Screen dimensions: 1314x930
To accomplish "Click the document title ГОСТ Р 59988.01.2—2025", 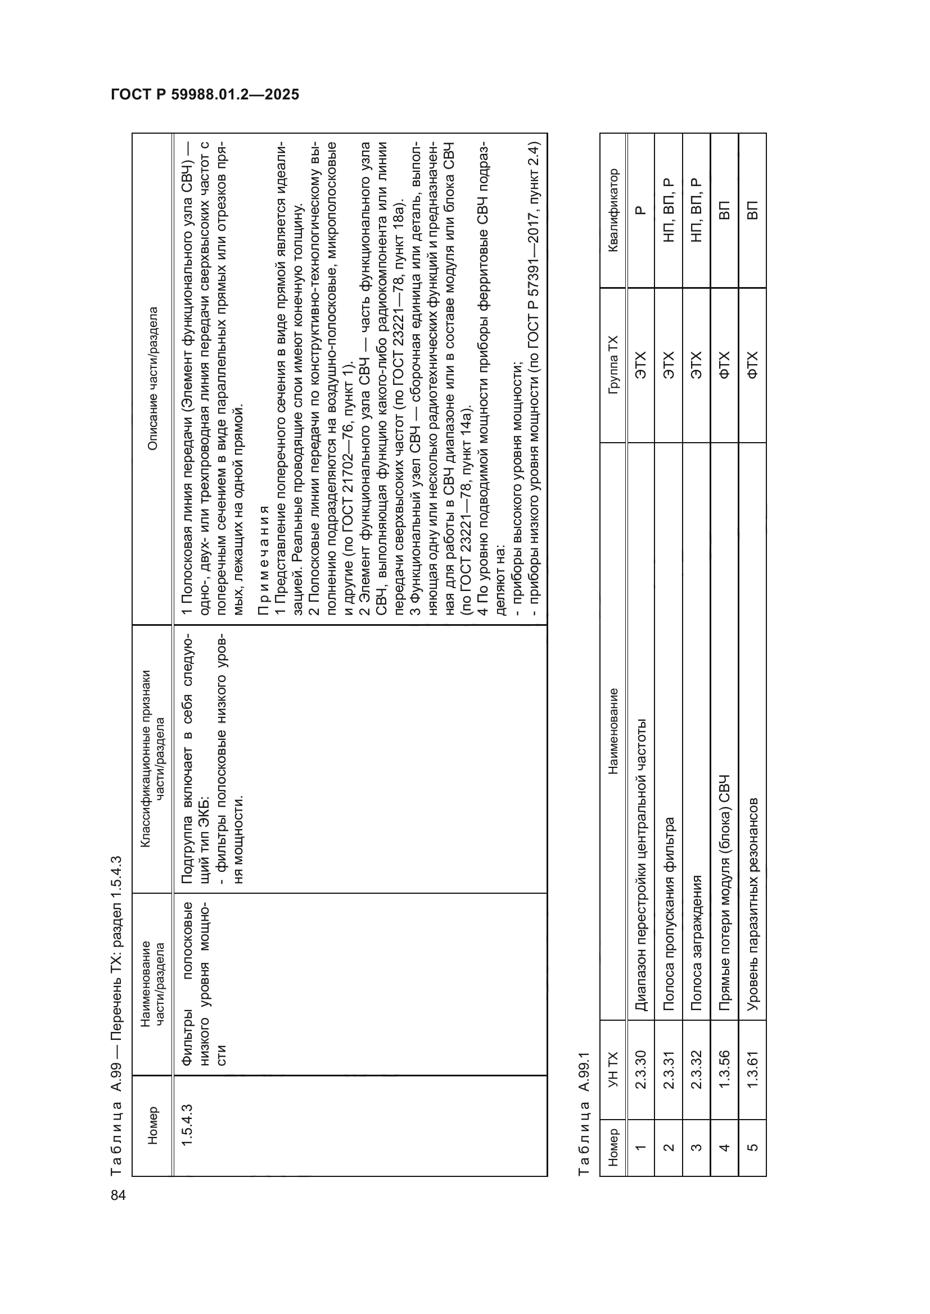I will [x=205, y=94].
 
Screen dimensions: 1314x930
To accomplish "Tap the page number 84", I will [x=118, y=1195].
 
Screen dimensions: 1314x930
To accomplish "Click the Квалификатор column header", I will [x=613, y=210].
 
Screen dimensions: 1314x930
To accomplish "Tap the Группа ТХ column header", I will [x=613, y=365].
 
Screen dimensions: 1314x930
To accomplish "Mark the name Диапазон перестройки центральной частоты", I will [x=640, y=865].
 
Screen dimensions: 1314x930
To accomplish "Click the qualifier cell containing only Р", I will [x=640, y=210].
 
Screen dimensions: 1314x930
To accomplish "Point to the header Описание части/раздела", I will [x=152, y=379].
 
